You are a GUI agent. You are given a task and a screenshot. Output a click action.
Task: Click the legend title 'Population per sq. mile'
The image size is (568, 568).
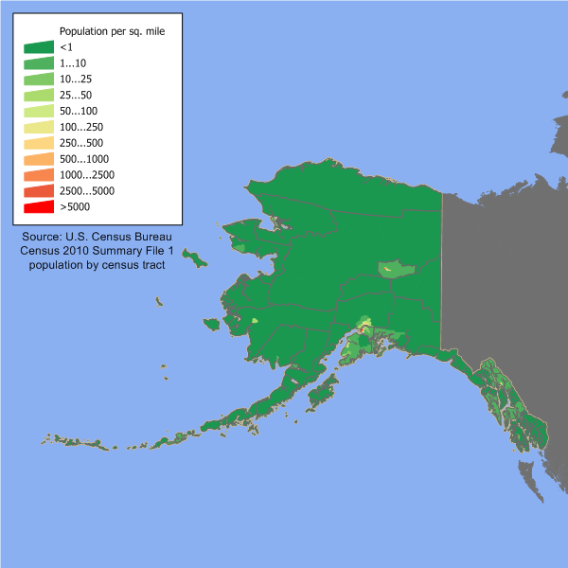pyautogui.click(x=112, y=30)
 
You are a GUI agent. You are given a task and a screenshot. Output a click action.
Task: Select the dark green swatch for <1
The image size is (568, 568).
pyautogui.click(x=38, y=47)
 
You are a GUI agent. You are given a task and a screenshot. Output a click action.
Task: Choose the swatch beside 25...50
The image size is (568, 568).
pyautogui.click(x=38, y=96)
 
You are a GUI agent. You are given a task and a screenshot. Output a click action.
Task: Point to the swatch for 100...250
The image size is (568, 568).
pyautogui.click(x=38, y=127)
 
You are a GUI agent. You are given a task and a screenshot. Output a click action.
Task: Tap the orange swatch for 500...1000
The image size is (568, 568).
pyautogui.click(x=38, y=159)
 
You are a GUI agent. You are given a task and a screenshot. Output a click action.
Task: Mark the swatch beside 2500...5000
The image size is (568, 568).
pyautogui.click(x=38, y=191)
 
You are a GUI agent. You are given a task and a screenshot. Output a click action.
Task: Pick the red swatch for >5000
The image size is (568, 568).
pyautogui.click(x=38, y=206)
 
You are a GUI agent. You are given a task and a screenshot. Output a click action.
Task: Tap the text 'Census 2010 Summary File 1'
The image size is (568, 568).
pyautogui.click(x=98, y=251)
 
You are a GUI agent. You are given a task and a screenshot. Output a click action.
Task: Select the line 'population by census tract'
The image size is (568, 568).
pyautogui.click(x=98, y=265)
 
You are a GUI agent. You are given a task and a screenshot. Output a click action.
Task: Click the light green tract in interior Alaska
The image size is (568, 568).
pyautogui.click(x=396, y=270)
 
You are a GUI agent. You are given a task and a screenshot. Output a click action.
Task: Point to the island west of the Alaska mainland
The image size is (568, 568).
pyautogui.click(x=195, y=257)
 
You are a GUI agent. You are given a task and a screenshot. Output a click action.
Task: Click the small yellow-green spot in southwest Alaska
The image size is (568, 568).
pyautogui.click(x=255, y=320)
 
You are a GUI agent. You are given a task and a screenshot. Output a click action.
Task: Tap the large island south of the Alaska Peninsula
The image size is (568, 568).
pyautogui.click(x=323, y=389)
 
